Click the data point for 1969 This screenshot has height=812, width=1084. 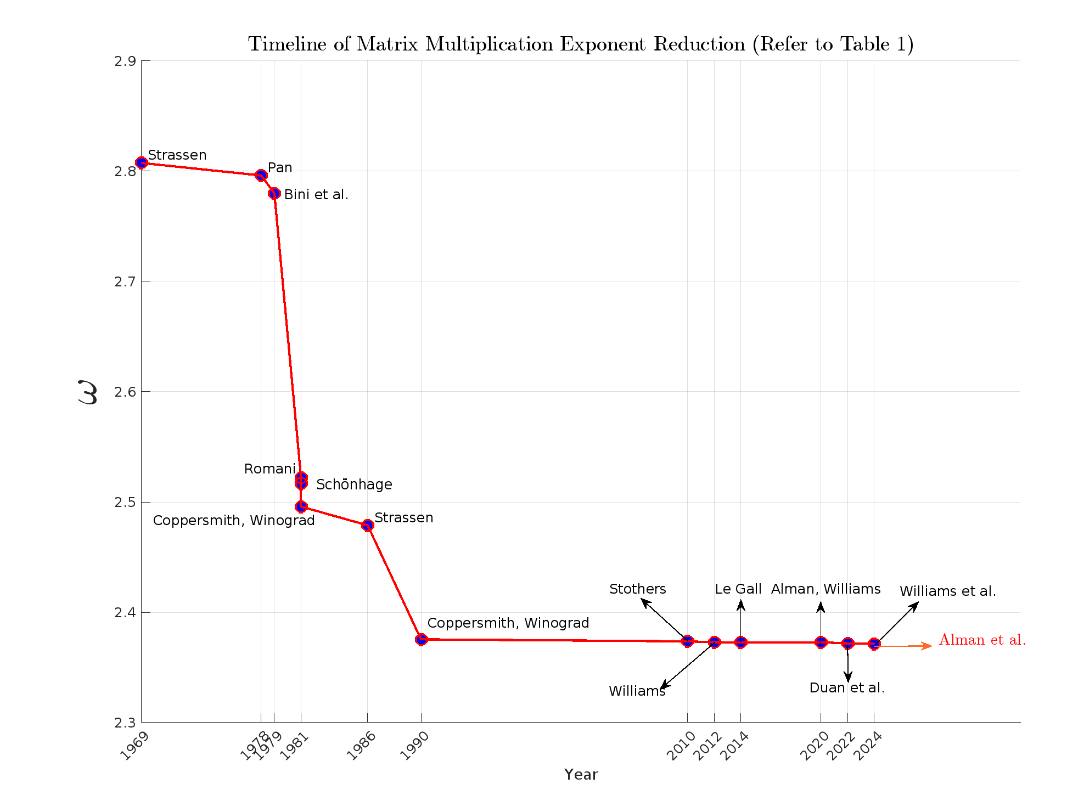click(x=142, y=162)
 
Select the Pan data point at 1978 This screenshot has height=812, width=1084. click(x=261, y=175)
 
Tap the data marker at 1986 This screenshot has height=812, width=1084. click(x=368, y=526)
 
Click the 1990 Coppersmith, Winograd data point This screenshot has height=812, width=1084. click(x=421, y=639)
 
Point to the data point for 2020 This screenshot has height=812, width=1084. click(x=821, y=642)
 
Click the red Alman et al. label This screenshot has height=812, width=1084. click(x=982, y=640)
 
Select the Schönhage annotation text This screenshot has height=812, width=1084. click(x=354, y=484)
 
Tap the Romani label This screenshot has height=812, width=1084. click(x=269, y=469)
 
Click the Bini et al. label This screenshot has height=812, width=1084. click(x=316, y=195)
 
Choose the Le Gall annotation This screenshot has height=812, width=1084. click(x=738, y=589)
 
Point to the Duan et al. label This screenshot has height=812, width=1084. click(x=847, y=688)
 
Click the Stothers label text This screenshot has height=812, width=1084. click(x=637, y=589)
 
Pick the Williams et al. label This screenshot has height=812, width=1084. click(x=947, y=591)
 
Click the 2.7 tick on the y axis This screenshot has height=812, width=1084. click(x=125, y=282)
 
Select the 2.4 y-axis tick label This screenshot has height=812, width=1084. click(x=125, y=613)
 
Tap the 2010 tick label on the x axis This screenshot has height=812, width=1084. click(x=681, y=746)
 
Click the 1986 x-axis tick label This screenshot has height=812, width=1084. click(x=362, y=746)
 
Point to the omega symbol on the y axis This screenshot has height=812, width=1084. click(x=88, y=392)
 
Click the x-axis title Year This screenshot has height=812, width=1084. click(x=581, y=775)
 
